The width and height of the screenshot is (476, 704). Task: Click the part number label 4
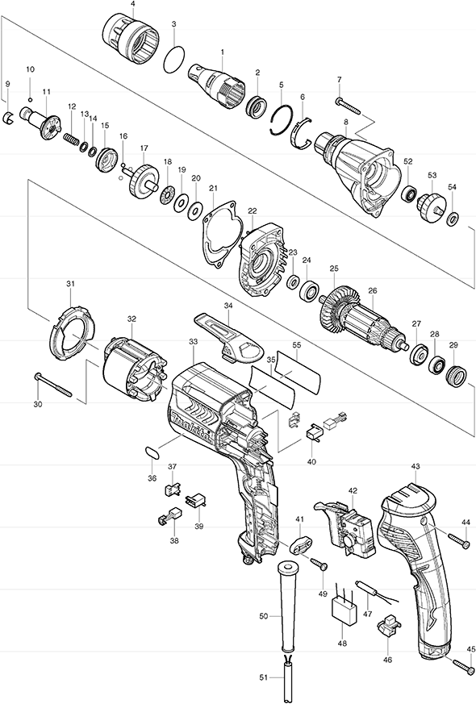133,4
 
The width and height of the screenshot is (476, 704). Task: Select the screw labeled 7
348,105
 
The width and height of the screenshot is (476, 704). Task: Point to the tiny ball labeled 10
30,98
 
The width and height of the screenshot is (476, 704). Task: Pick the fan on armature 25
340,306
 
